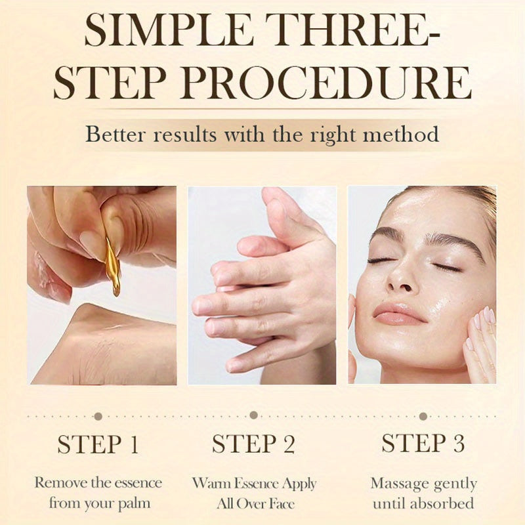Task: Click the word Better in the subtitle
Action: click(x=117, y=135)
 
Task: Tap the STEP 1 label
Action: click(x=98, y=444)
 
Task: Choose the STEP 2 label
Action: click(x=253, y=444)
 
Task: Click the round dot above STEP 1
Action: click(x=98, y=416)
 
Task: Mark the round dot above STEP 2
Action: click(x=253, y=415)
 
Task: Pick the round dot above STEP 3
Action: click(x=423, y=416)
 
